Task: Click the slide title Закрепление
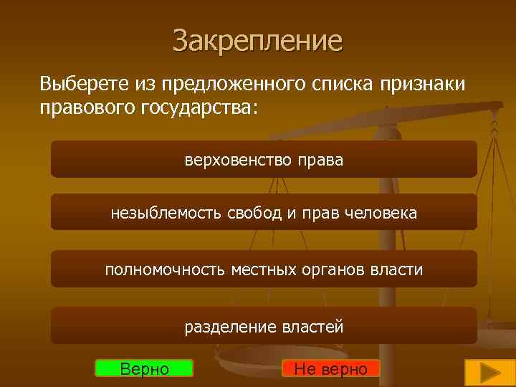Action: [x=257, y=41]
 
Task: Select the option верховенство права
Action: [x=264, y=160]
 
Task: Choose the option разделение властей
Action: [x=264, y=327]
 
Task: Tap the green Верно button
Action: [x=144, y=368]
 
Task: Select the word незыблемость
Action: [x=166, y=213]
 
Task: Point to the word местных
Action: [x=259, y=269]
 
